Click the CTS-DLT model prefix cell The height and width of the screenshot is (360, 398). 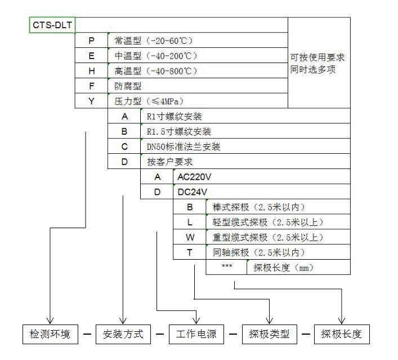pyautogui.click(x=52, y=25)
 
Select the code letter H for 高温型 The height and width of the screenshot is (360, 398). pyautogui.click(x=92, y=71)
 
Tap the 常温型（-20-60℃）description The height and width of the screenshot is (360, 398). pyautogui.click(x=154, y=41)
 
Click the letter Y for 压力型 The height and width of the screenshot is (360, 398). pyautogui.click(x=92, y=101)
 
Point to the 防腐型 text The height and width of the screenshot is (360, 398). pyautogui.click(x=128, y=86)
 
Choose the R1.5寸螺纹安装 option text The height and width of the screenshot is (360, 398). pyautogui.click(x=179, y=132)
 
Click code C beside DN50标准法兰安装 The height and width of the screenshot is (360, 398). pyautogui.click(x=124, y=146)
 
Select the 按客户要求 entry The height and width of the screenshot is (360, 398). pyautogui.click(x=170, y=162)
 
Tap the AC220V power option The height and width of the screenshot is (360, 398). pyautogui.click(x=194, y=177)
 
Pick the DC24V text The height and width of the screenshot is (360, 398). pyautogui.click(x=193, y=192)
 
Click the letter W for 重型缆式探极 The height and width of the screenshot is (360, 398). pyautogui.click(x=190, y=237)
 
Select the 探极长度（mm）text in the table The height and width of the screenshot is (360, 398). pyautogui.click(x=283, y=268)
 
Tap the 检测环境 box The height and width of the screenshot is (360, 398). pyautogui.click(x=50, y=334)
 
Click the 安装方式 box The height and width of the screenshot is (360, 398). pyautogui.click(x=123, y=334)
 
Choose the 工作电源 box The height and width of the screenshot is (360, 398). pyautogui.click(x=196, y=334)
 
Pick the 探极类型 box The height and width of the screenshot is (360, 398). pyautogui.click(x=269, y=334)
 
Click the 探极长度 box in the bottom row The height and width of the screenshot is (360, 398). pyautogui.click(x=342, y=334)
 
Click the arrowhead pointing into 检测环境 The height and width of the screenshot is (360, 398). pyautogui.click(x=50, y=321)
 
